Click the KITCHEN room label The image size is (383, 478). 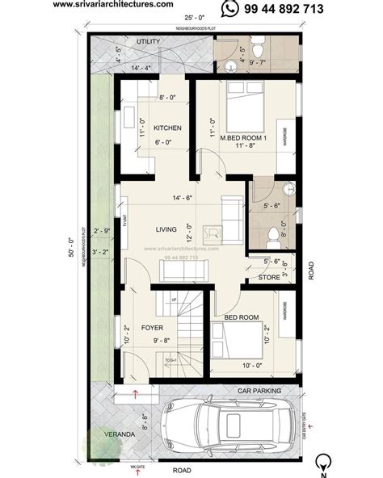pyautogui.click(x=167, y=128)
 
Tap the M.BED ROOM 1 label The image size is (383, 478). pyautogui.click(x=244, y=138)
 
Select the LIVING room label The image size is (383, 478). pyautogui.click(x=166, y=229)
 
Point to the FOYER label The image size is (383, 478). pyautogui.click(x=153, y=329)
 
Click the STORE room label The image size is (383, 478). pyautogui.click(x=270, y=277)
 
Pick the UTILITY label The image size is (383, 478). pyautogui.click(x=149, y=40)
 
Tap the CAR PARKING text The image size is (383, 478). pyautogui.click(x=259, y=391)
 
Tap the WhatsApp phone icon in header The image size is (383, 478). pyautogui.click(x=230, y=8)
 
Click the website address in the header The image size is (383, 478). pyautogui.click(x=112, y=5)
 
